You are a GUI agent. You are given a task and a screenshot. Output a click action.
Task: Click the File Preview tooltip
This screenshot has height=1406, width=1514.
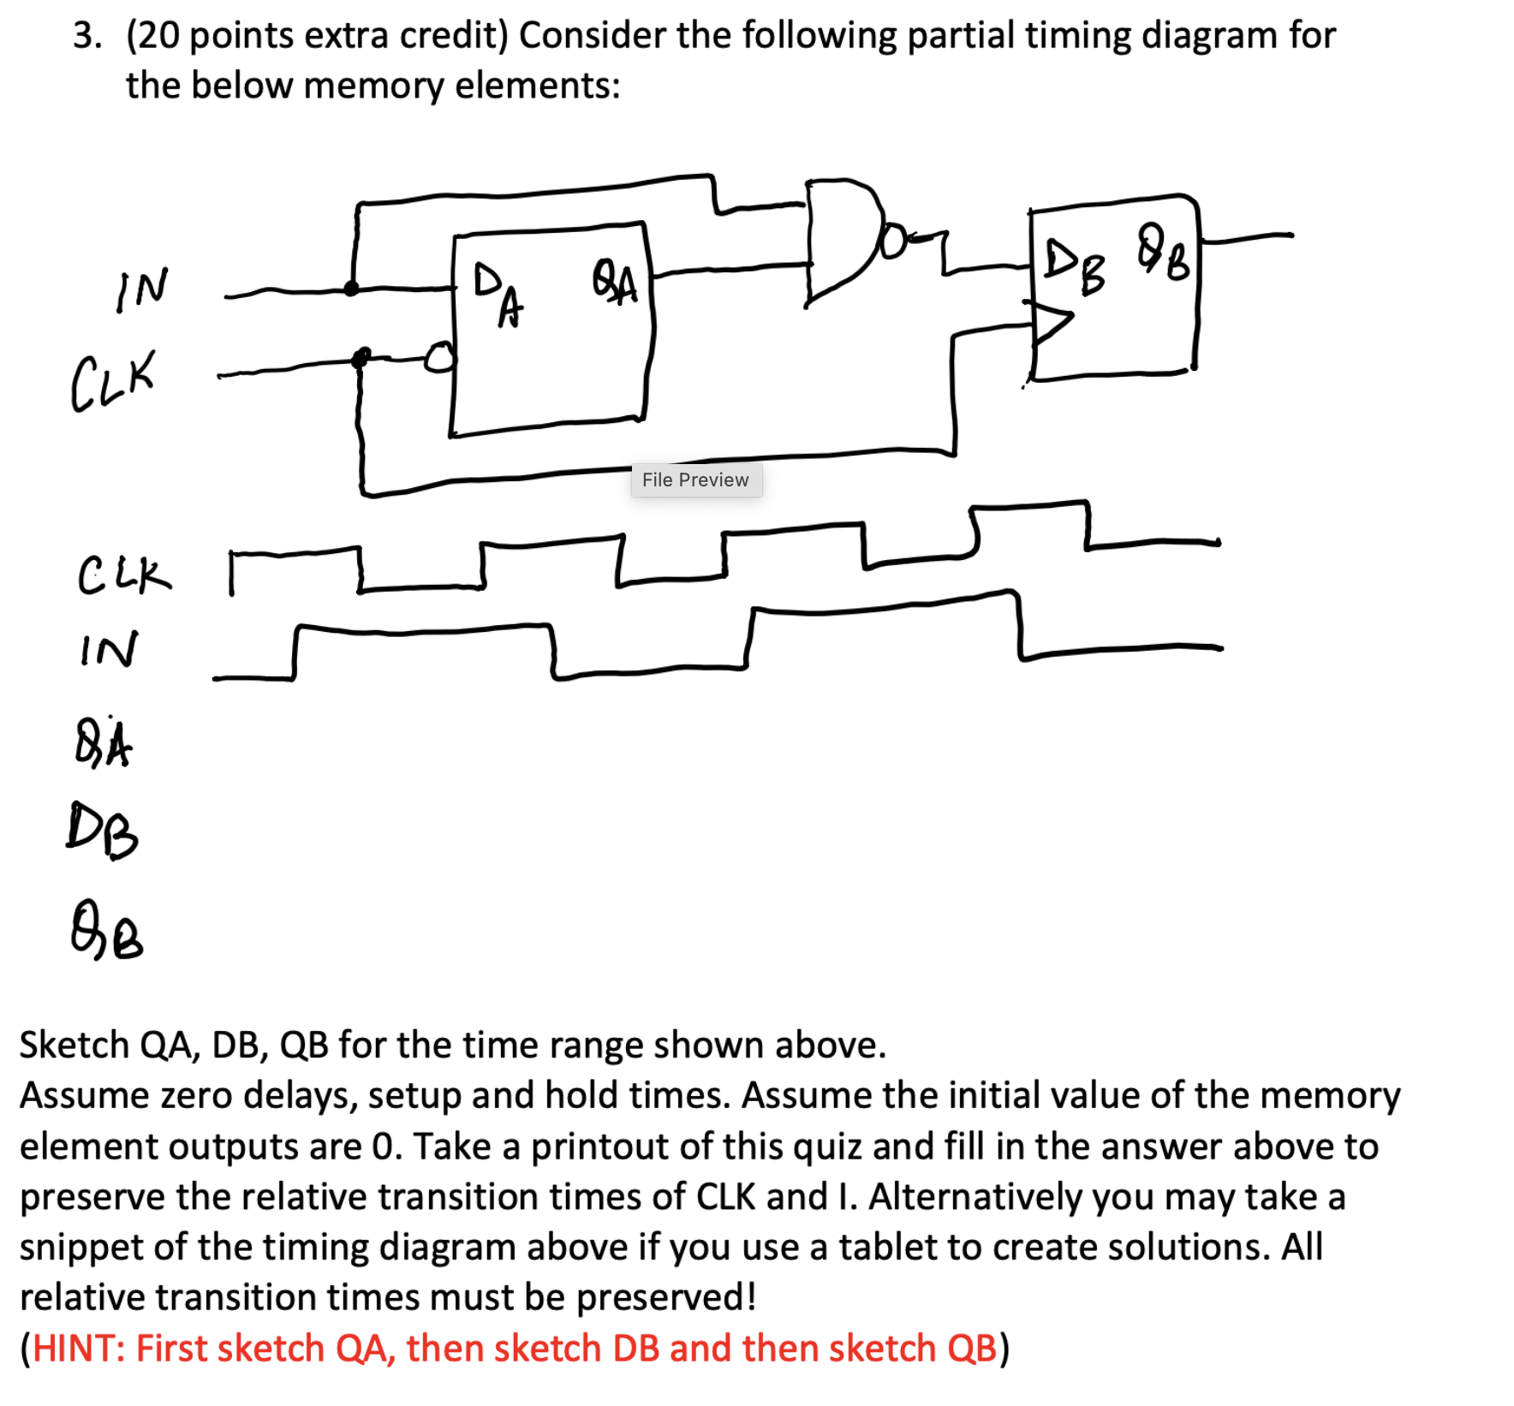pos(695,480)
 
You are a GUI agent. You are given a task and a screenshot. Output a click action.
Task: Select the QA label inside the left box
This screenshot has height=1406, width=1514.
pos(615,283)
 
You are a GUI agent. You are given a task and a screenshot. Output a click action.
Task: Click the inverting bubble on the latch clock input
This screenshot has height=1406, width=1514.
pos(439,357)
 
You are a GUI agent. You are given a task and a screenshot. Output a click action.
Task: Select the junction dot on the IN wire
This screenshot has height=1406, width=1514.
pos(351,288)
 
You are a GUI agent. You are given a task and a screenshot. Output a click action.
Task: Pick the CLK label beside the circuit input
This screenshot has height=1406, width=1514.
pos(113,381)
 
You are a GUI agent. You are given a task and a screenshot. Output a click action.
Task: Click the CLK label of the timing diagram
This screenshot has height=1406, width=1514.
pos(124,575)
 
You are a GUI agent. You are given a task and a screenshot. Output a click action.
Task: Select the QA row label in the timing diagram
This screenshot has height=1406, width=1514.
pos(104,743)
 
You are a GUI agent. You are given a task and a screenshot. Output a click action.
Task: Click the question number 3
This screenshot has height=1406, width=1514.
pos(86,36)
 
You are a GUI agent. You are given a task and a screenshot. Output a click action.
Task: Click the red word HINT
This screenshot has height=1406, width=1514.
pos(78,1348)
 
